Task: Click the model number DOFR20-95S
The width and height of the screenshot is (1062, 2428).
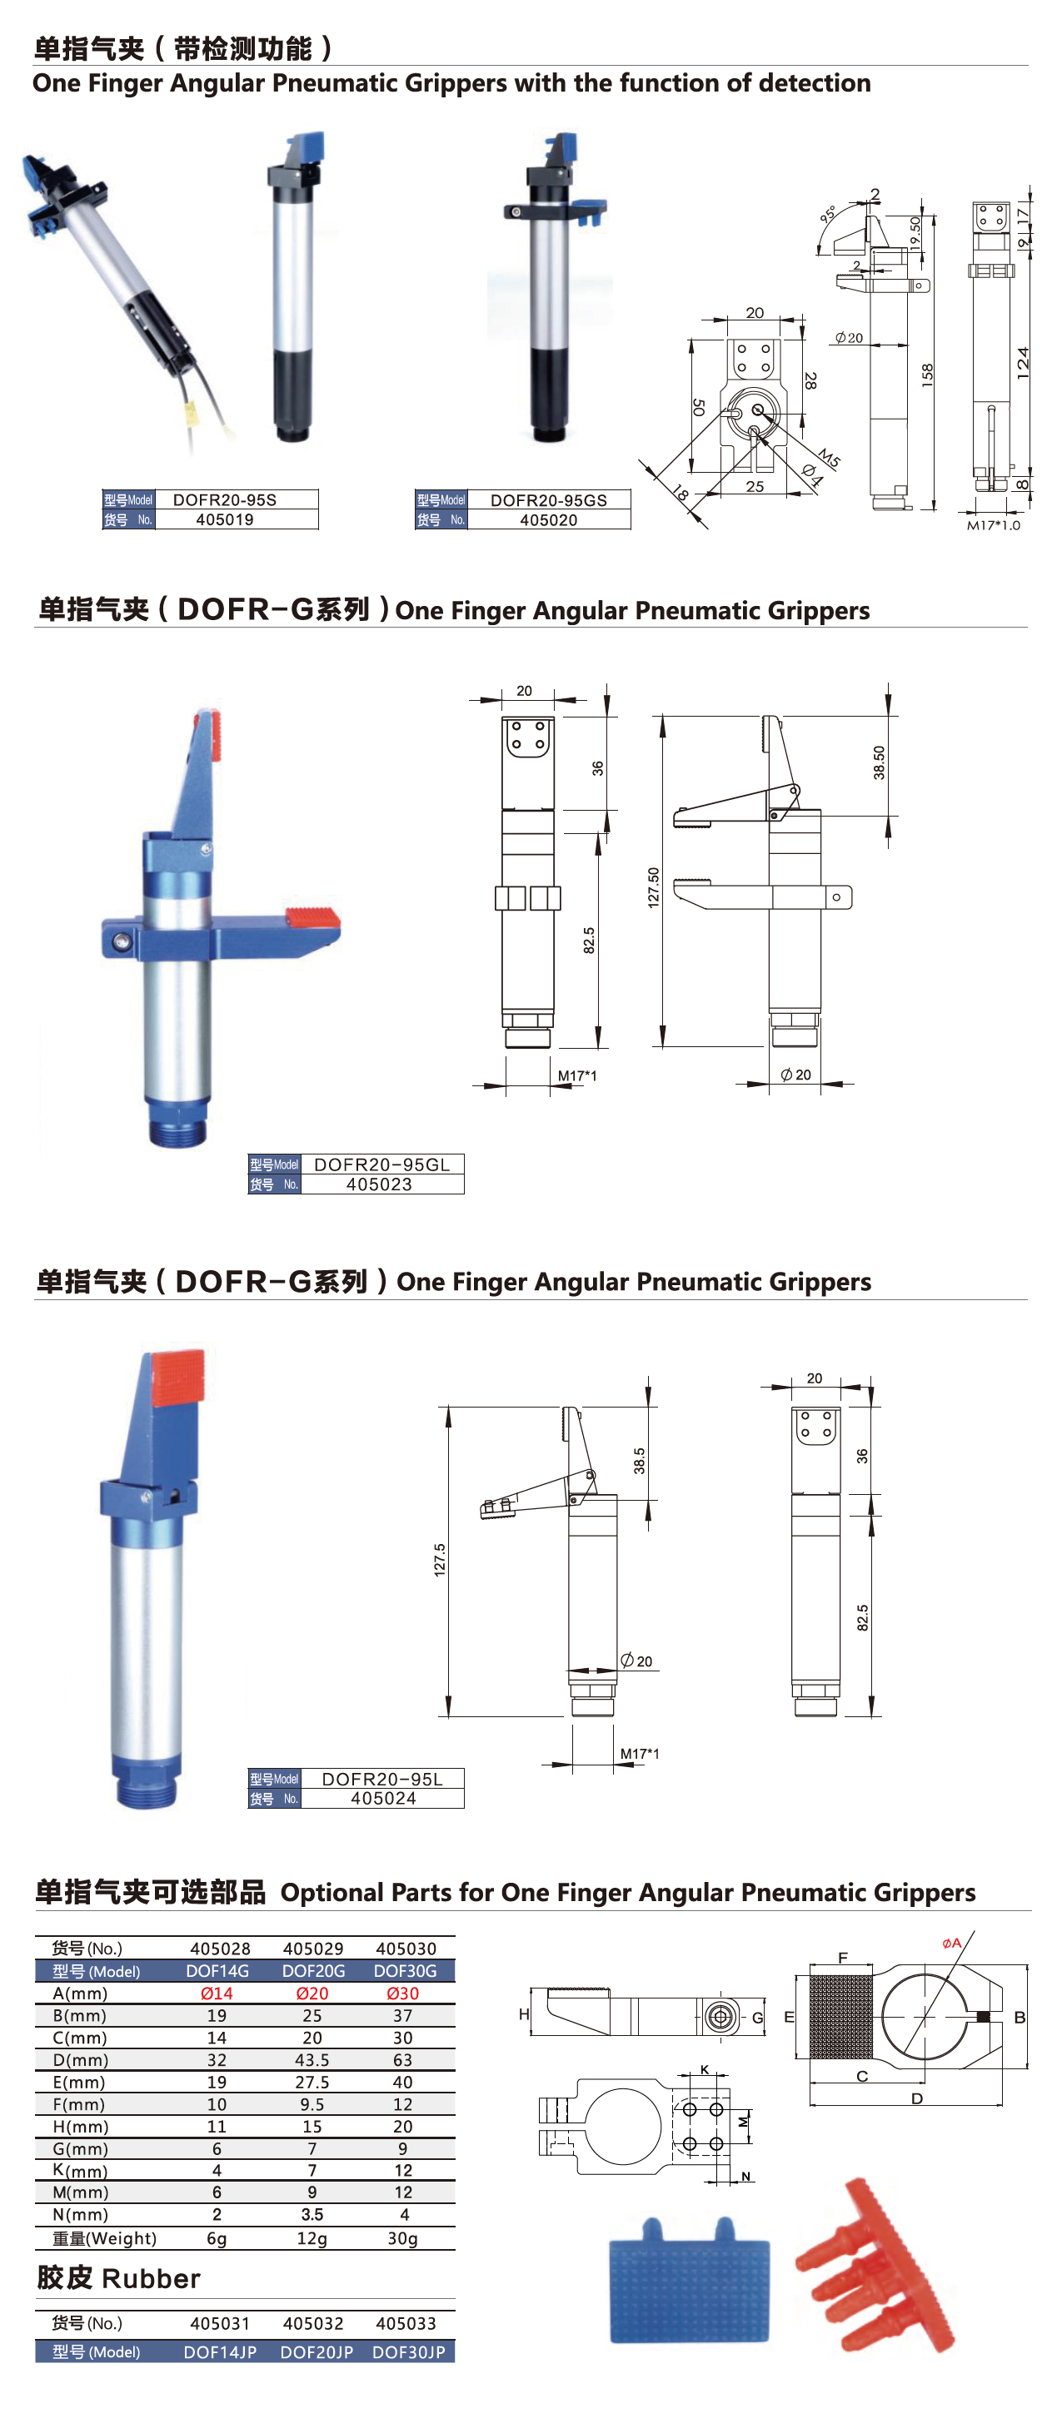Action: point(224,499)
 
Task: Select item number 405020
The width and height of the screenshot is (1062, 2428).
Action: point(548,519)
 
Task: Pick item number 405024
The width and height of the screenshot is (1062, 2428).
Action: point(383,1799)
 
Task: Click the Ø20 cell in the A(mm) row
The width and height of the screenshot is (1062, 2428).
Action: point(312,1994)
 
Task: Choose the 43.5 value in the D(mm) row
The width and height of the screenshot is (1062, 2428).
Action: point(312,2060)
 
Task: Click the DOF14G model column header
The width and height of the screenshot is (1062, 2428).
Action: point(218,1971)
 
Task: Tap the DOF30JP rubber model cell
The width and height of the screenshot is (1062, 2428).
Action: point(408,2351)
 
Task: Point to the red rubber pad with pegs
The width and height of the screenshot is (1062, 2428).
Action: point(876,2265)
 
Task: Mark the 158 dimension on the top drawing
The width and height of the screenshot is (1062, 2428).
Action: point(927,375)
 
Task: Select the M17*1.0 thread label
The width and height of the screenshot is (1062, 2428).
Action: point(993,525)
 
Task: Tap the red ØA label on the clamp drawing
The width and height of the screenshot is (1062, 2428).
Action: point(952,1943)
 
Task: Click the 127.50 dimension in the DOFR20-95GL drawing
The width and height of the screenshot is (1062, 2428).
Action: point(653,887)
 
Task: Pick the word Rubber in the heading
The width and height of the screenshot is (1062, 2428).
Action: point(151,2279)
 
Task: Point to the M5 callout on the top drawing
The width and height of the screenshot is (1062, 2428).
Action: point(828,458)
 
